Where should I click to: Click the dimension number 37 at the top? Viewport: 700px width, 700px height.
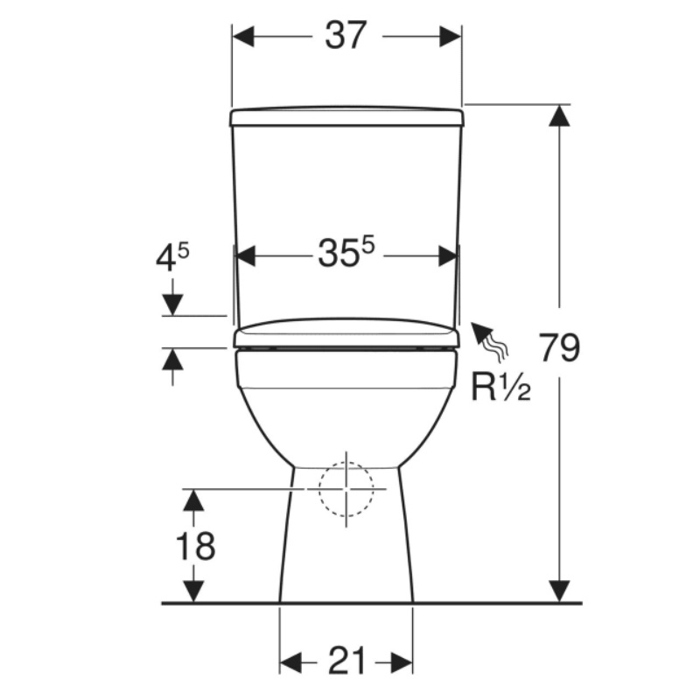[x=346, y=35]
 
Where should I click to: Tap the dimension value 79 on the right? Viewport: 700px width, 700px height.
[x=559, y=347]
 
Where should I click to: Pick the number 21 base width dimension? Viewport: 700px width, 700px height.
[x=347, y=661]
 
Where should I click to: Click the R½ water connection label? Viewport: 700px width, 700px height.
[x=500, y=387]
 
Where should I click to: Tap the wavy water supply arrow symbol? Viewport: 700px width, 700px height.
[x=490, y=339]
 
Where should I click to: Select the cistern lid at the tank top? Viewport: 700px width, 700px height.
[x=346, y=116]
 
